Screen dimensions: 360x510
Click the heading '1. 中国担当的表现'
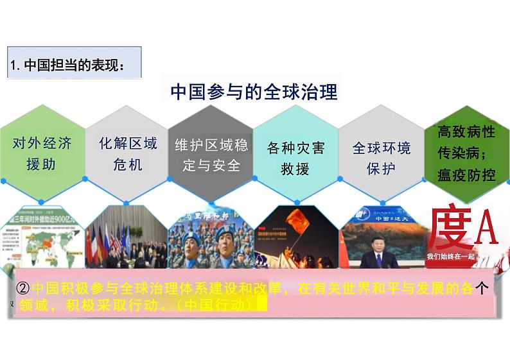[x=67, y=65]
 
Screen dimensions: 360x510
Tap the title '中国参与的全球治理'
[x=254, y=92]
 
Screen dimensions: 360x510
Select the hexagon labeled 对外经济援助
[x=42, y=153]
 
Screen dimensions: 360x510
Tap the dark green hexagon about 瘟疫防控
[x=466, y=153]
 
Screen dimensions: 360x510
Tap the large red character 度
[x=447, y=228]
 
